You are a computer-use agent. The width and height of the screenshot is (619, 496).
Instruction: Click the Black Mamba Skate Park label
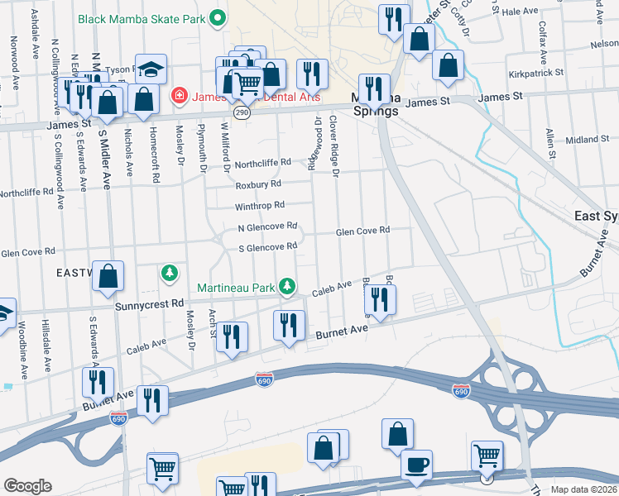coord(141,17)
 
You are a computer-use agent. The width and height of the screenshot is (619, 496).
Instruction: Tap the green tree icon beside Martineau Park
coord(287,286)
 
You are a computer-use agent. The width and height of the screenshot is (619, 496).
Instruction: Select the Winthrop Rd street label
coord(260,205)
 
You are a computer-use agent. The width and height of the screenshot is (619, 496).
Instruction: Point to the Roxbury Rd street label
coord(258,184)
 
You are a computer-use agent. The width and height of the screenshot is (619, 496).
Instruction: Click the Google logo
coord(27,486)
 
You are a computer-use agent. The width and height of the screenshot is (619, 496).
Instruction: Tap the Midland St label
coord(588,140)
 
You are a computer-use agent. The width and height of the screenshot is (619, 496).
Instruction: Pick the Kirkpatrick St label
coord(537,73)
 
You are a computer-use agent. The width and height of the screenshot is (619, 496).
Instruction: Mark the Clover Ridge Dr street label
coord(334,145)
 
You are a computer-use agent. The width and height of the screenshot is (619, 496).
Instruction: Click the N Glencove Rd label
coord(267,227)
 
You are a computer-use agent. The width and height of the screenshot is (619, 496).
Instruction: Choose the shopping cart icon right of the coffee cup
coord(487,455)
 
